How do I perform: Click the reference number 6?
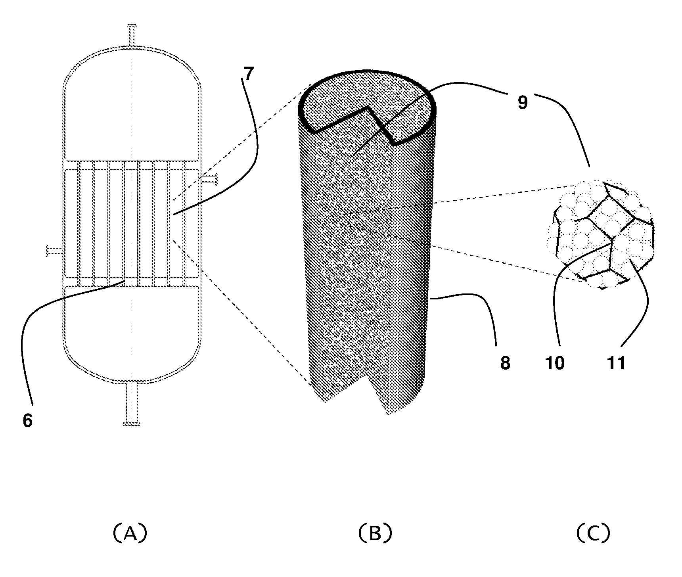tap(27, 420)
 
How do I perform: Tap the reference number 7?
tap(248, 74)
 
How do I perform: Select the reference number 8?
tap(505, 363)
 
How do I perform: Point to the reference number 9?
tap(523, 103)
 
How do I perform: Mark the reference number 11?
tap(616, 363)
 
